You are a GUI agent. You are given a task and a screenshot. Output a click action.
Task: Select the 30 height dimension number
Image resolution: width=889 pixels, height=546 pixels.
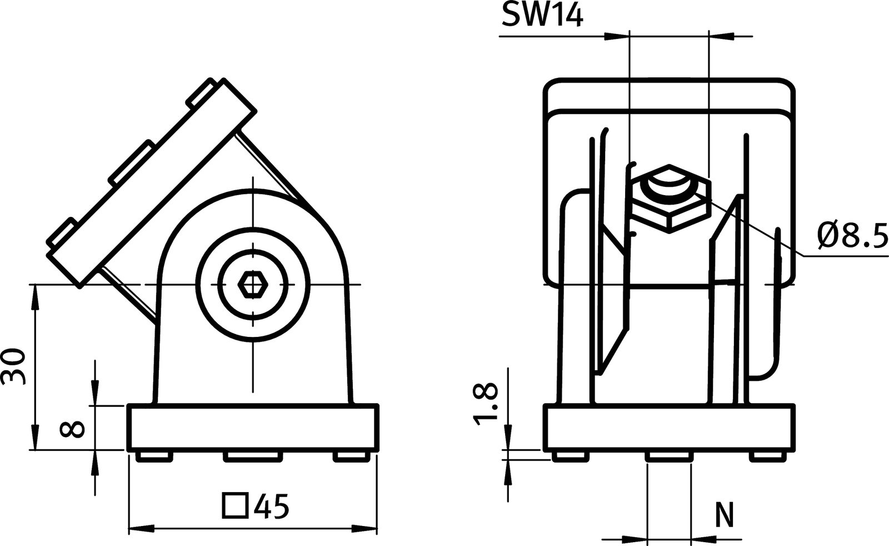pos(14,367)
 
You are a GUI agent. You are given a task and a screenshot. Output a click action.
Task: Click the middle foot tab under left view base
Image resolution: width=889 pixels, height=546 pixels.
pos(252,456)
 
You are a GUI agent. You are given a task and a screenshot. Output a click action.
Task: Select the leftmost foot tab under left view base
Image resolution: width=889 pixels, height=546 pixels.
pos(152,456)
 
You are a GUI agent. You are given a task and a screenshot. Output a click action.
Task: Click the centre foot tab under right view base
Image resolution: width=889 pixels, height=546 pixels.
pos(669,456)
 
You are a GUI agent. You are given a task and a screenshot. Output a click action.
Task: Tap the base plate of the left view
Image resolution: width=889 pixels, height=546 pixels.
pos(253,428)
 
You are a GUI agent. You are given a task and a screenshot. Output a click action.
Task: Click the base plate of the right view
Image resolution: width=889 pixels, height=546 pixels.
pos(669,428)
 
